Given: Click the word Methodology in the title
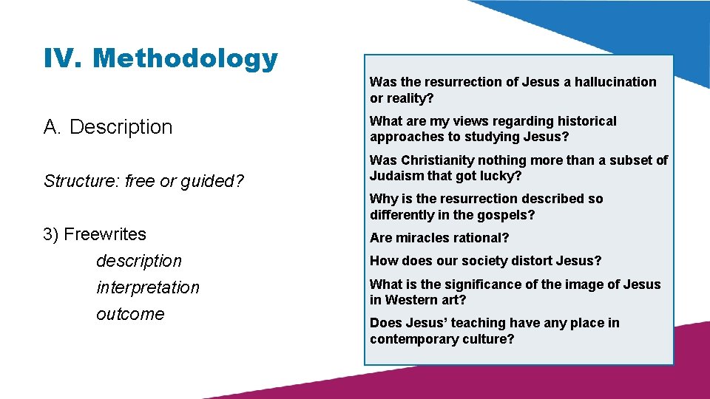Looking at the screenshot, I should click(186, 58).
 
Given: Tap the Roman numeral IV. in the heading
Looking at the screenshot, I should click(65, 58).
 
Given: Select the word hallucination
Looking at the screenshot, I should click(615, 82).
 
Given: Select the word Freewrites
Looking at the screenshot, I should click(105, 234).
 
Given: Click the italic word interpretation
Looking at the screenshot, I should click(148, 287).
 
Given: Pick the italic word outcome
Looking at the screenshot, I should click(130, 314).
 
